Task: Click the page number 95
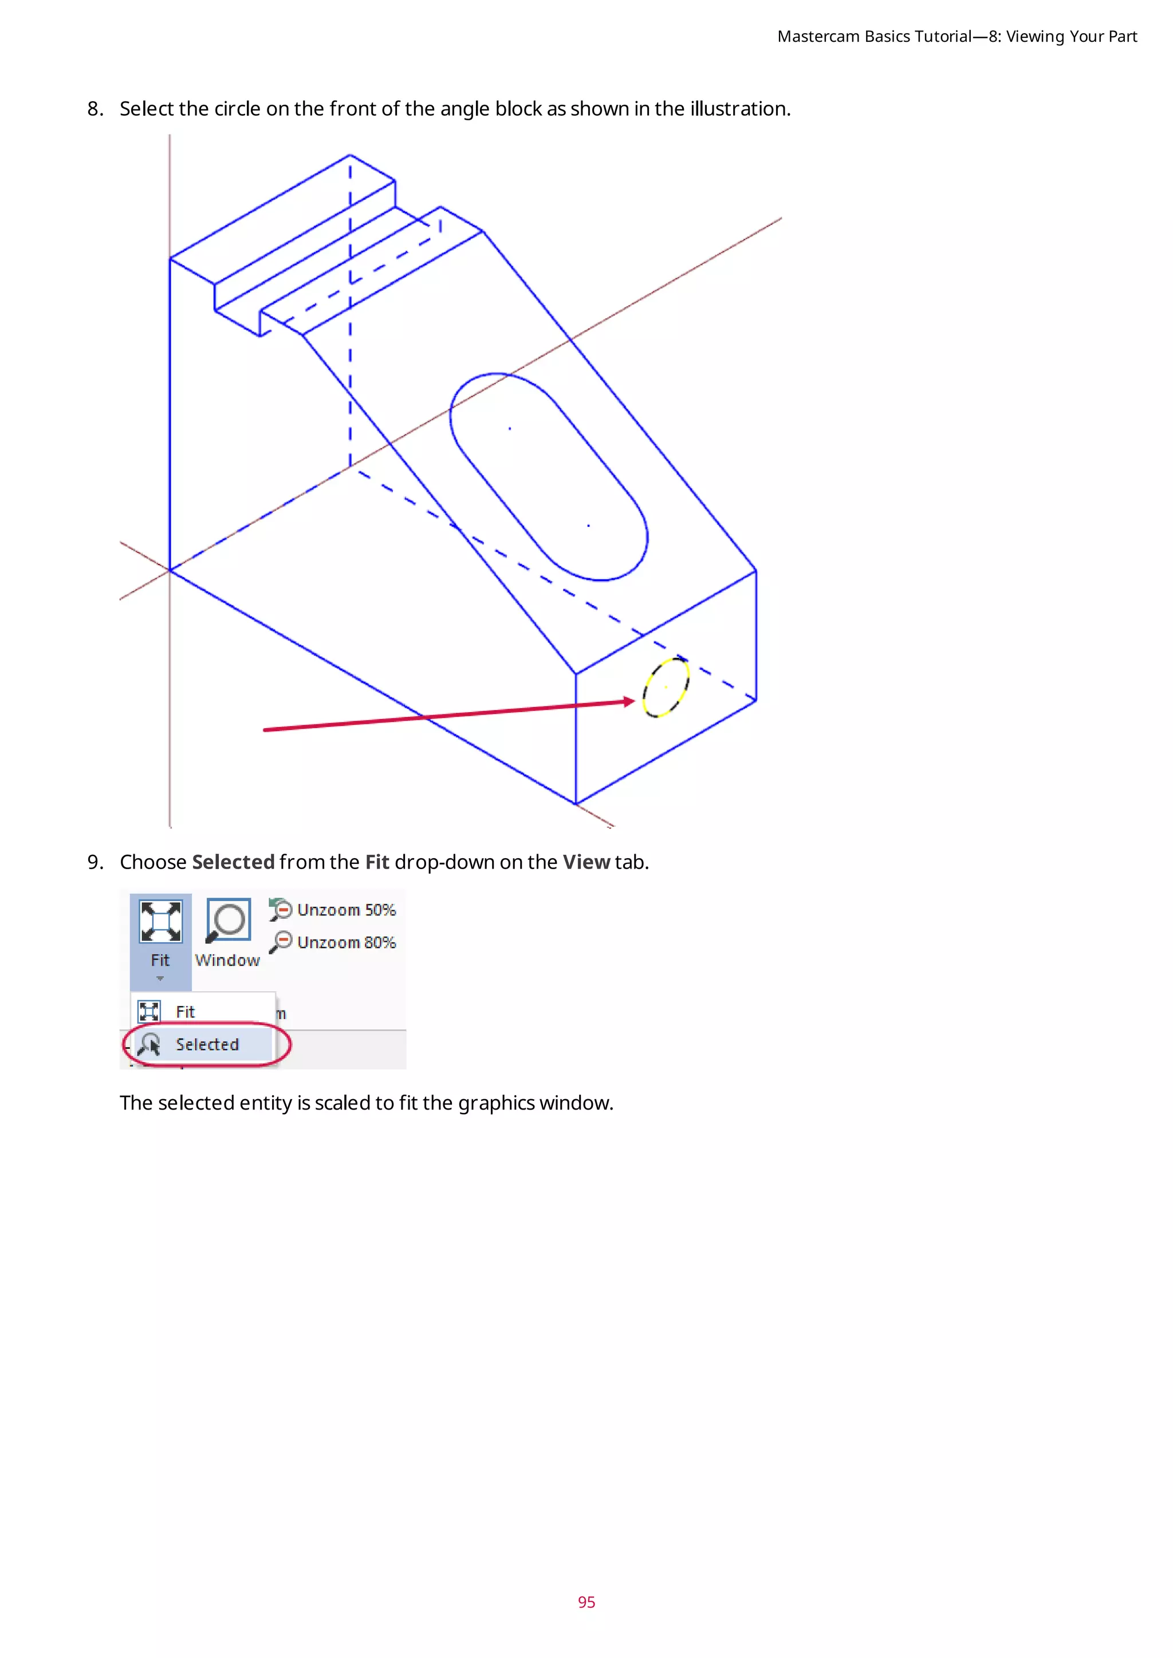tap(586, 1602)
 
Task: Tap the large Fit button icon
tap(160, 921)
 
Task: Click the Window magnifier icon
tap(229, 921)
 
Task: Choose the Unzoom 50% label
tap(346, 910)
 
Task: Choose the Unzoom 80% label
tap(346, 942)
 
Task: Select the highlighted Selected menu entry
tap(207, 1044)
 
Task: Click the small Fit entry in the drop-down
tap(185, 1012)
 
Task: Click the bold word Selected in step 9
tap(233, 862)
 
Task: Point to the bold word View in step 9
tap(586, 862)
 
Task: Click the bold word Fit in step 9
tap(377, 862)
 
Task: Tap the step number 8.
tap(95, 109)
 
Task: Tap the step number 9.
tap(95, 862)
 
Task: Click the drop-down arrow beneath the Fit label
tap(160, 978)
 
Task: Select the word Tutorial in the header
tap(943, 37)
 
